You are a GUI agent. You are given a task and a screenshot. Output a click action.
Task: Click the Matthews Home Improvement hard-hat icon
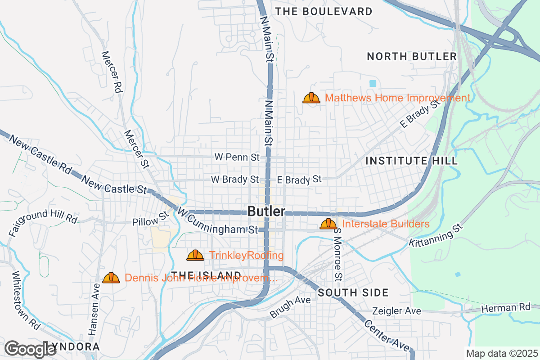point(311,98)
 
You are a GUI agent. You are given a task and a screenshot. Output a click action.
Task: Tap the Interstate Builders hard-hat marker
point(328,224)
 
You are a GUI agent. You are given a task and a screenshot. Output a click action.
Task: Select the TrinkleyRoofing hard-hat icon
point(195,256)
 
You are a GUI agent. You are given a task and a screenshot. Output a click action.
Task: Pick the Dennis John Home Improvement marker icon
point(111,278)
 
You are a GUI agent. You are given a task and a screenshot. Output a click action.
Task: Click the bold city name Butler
point(266,211)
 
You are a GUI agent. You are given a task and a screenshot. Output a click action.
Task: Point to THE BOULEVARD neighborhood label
point(324,11)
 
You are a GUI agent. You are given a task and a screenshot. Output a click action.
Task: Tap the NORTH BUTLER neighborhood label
point(412,56)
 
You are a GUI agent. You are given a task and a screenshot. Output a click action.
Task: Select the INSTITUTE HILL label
point(411,161)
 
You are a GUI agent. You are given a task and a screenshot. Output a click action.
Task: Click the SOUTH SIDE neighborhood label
point(353,293)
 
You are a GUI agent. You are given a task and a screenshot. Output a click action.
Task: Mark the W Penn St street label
point(237,157)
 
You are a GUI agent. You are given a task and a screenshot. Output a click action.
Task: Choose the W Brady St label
point(235,180)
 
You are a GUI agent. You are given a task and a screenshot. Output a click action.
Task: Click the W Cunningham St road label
point(217,221)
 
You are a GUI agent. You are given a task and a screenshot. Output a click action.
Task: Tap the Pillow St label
point(150,219)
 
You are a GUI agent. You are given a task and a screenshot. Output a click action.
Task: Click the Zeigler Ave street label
point(396,311)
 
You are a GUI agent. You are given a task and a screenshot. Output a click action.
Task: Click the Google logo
point(31,349)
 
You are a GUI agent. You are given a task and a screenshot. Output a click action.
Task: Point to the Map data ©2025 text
point(501,353)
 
